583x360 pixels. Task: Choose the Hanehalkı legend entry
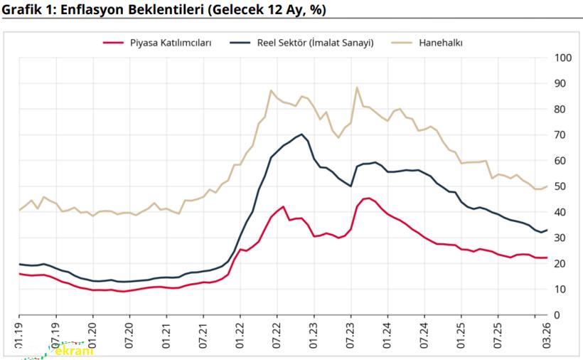pyautogui.click(x=439, y=43)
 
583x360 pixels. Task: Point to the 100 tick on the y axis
pyautogui.click(x=562, y=58)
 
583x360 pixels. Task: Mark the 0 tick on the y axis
pyautogui.click(x=557, y=315)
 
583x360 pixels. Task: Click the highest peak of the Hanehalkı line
pyautogui.click(x=357, y=88)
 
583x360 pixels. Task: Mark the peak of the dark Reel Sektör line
pyautogui.click(x=302, y=134)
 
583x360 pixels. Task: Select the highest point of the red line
pyautogui.click(x=368, y=198)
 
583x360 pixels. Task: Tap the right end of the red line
pyautogui.click(x=546, y=258)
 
